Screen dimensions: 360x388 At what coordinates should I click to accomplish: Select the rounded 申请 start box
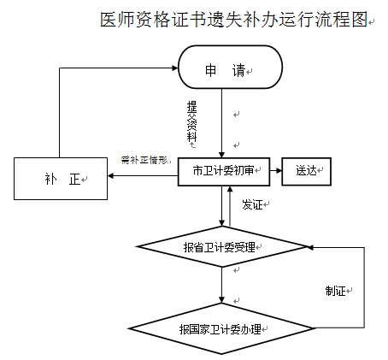click(x=229, y=69)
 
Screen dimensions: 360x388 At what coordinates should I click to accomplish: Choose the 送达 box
click(x=306, y=170)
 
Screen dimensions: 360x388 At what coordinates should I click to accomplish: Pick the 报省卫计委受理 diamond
click(x=222, y=248)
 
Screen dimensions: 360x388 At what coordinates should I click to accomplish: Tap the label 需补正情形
click(x=148, y=160)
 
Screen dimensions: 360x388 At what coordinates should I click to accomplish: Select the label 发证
click(x=252, y=204)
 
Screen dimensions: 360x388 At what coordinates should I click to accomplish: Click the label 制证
click(x=334, y=290)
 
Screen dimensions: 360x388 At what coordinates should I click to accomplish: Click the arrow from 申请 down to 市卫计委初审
click(x=222, y=124)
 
